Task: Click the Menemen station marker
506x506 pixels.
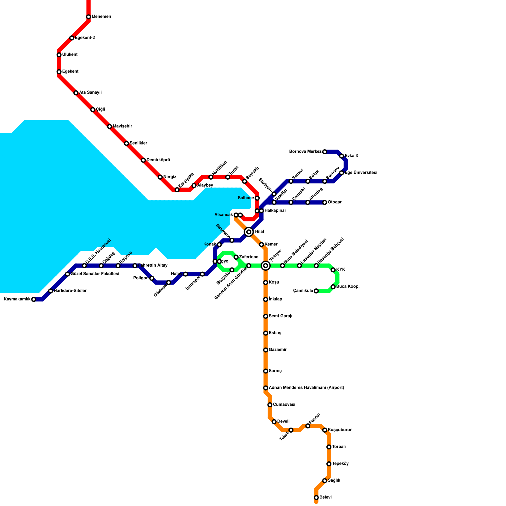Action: (x=89, y=17)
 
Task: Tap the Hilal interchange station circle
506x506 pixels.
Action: (x=249, y=232)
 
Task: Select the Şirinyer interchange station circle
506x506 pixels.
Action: (x=266, y=266)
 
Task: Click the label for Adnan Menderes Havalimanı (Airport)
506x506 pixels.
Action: (x=306, y=388)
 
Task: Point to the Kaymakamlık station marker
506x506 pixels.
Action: (x=34, y=299)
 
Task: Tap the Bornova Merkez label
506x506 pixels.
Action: (x=305, y=152)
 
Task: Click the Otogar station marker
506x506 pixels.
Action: (x=325, y=202)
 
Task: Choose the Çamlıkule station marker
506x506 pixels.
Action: (x=316, y=291)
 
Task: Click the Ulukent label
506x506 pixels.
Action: (x=70, y=55)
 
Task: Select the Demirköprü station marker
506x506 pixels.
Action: (x=143, y=160)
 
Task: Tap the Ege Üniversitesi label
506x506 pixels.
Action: (x=361, y=173)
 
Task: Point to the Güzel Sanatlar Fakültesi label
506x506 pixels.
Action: (x=95, y=274)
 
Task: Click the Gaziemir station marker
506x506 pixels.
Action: (x=266, y=350)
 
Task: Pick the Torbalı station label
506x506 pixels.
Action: (x=339, y=447)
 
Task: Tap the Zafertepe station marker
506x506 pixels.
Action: (x=236, y=257)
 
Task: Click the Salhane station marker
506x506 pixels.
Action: (x=257, y=198)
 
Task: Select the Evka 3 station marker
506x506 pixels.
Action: (x=342, y=156)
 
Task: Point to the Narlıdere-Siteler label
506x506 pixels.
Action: (x=70, y=291)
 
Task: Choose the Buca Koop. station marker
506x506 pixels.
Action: (x=333, y=287)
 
